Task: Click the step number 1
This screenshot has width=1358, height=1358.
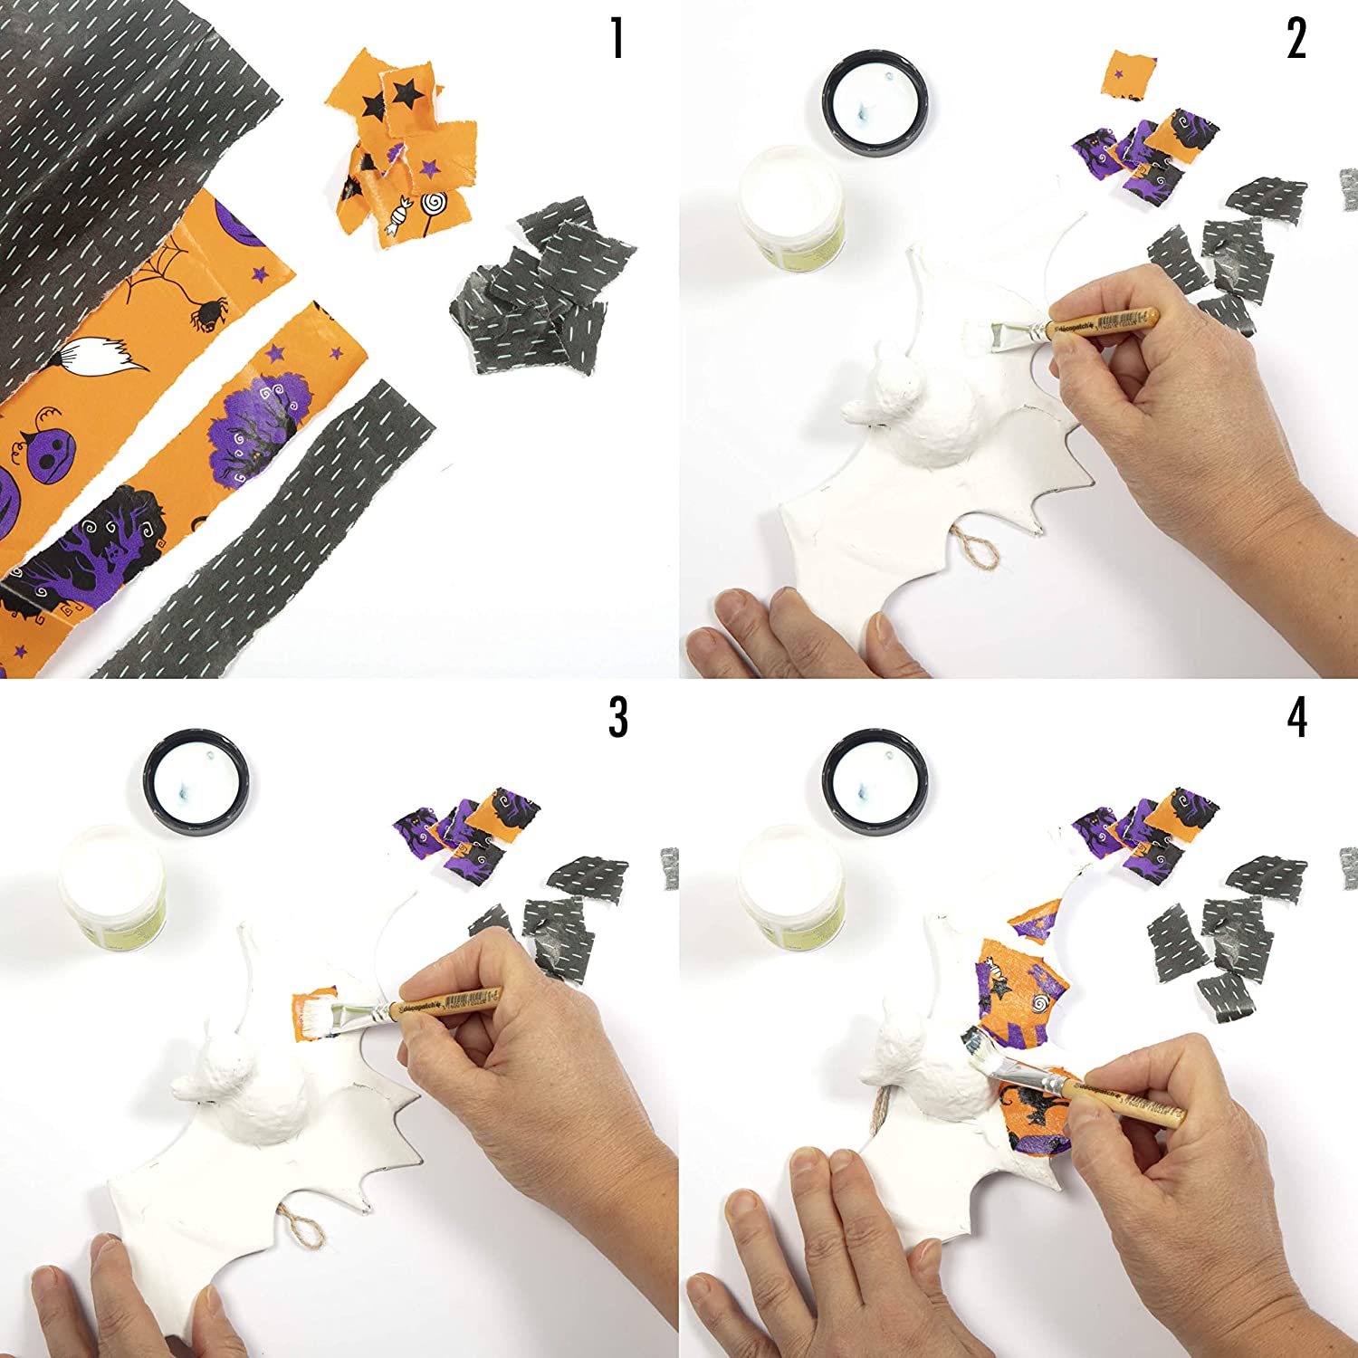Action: pyautogui.click(x=617, y=39)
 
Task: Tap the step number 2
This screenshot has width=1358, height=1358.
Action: pyautogui.click(x=1296, y=39)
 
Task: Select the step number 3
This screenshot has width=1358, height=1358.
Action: pyautogui.click(x=617, y=717)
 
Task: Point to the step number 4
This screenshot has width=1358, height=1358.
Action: pyautogui.click(x=1296, y=717)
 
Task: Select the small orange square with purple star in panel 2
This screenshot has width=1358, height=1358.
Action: pyautogui.click(x=1131, y=74)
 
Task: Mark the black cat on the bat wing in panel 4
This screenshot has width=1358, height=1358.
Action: pyautogui.click(x=1028, y=1109)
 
